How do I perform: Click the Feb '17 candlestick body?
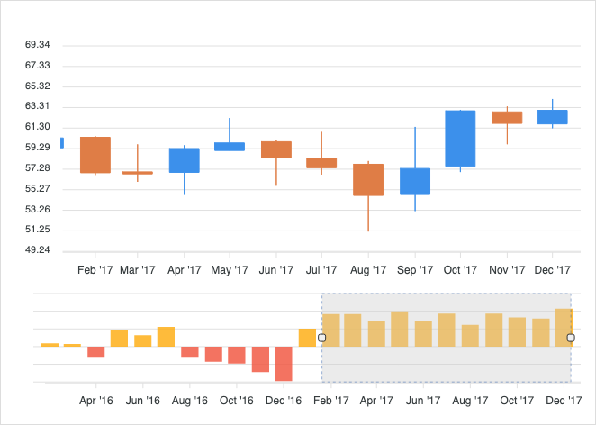coord(95,155)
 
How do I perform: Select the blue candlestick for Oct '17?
coord(460,139)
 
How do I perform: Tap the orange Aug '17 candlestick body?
coord(368,180)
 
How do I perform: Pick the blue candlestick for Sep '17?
coord(415,181)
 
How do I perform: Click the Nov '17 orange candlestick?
coord(507,117)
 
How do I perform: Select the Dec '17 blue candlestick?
coord(553,117)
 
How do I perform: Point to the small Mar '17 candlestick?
coord(138,172)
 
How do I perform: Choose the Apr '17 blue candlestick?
coord(185,160)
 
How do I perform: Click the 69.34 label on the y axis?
coord(37,45)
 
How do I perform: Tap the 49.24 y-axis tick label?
coord(37,250)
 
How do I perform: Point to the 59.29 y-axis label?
coord(37,148)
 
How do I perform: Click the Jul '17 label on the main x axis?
coord(321,269)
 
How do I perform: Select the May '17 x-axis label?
coord(230,269)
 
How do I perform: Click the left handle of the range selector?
coord(322,338)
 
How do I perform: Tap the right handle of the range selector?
coord(571,338)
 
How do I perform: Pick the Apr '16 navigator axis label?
coord(96,401)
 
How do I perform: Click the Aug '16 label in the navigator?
coord(190,401)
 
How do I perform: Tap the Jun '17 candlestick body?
coord(276,149)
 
